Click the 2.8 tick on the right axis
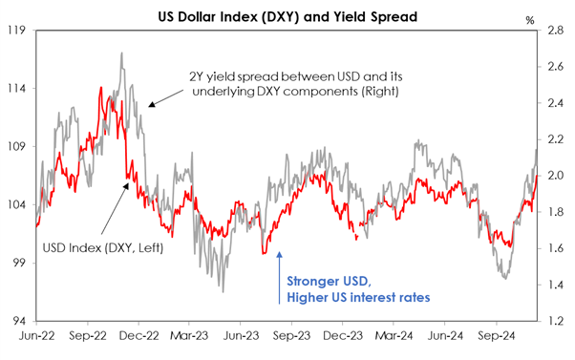(556, 31)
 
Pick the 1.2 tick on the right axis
(556, 321)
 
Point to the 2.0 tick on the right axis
(556, 176)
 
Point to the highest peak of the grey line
(121, 53)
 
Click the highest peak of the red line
(101, 88)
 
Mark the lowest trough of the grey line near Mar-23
(223, 290)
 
